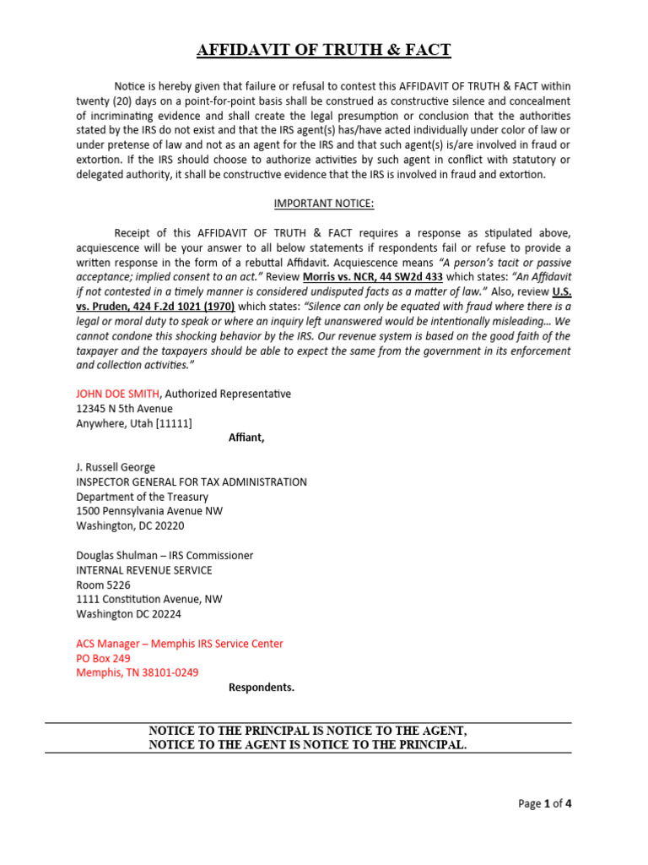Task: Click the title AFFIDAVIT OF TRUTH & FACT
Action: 324,51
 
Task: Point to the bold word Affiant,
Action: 246,438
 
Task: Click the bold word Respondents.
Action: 262,687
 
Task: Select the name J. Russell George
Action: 116,467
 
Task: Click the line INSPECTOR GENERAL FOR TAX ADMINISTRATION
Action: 192,481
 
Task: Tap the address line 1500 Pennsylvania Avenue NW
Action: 149,511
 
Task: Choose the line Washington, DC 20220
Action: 130,525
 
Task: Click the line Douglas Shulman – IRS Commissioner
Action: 165,555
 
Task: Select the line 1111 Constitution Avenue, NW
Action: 149,599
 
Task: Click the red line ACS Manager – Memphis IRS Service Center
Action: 180,644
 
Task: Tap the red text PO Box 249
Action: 103,658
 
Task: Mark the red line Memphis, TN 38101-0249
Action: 138,672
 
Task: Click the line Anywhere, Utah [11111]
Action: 134,423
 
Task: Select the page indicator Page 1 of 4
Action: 544,803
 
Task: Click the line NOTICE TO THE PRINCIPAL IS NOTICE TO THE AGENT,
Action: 308,731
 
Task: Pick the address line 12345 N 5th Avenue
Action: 124,409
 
